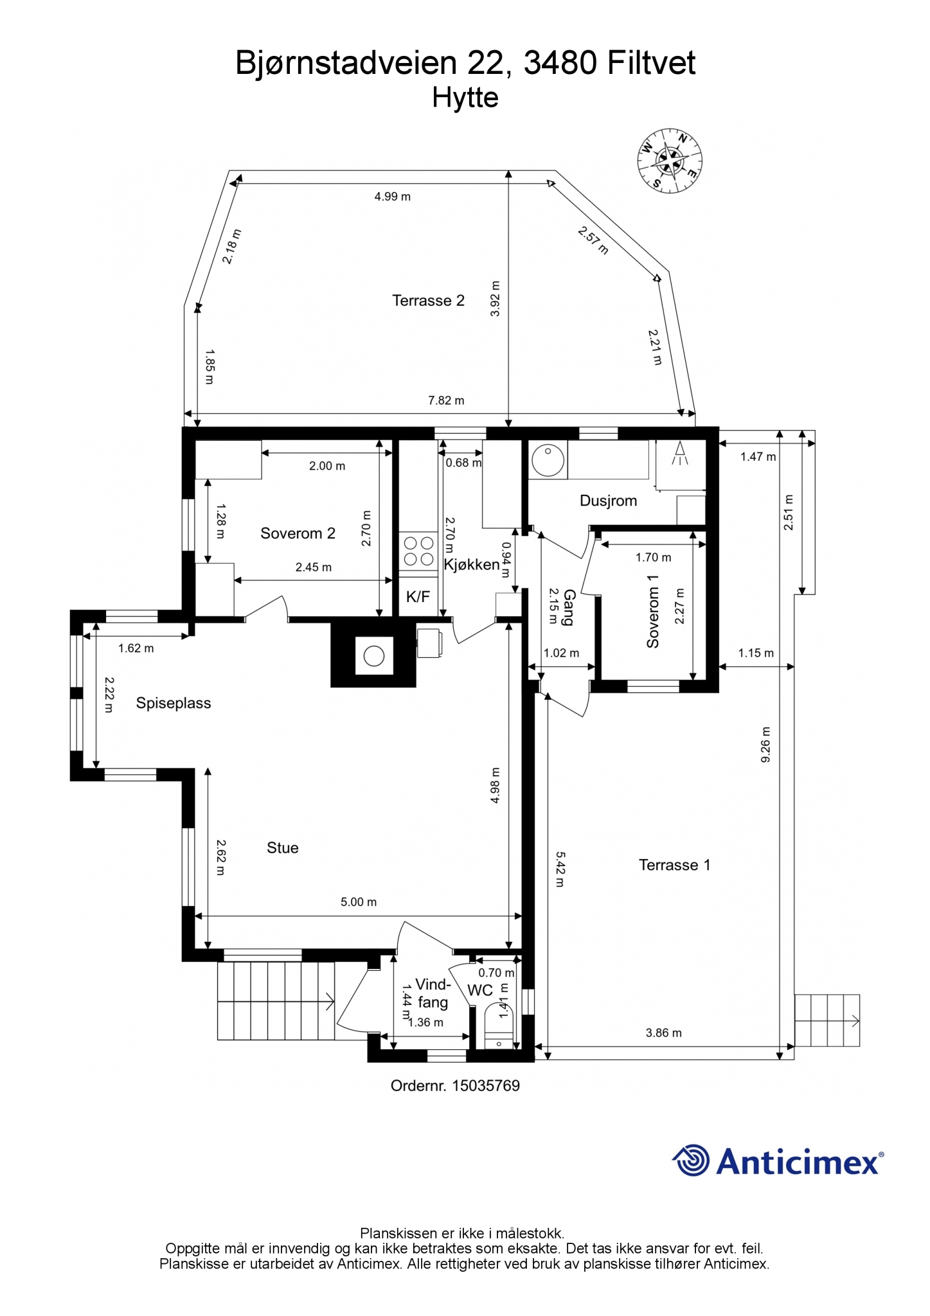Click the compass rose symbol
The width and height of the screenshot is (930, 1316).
(670, 161)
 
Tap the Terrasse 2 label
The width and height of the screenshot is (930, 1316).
(428, 300)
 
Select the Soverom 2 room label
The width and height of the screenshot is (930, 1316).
(298, 533)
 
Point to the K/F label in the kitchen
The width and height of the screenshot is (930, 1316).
(418, 597)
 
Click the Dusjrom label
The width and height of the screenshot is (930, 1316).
(608, 501)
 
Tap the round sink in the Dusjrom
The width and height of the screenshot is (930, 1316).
(548, 459)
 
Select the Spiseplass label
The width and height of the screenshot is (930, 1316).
(174, 703)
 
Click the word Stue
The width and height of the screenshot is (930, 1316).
(283, 848)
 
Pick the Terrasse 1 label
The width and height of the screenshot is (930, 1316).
(674, 865)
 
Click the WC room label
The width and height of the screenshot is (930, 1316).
(480, 990)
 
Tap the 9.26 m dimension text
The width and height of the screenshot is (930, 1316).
(765, 745)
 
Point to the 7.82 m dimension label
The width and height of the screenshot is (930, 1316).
(446, 400)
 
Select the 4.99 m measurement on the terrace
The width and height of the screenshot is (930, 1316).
(392, 197)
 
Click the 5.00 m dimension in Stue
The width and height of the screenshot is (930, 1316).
(359, 902)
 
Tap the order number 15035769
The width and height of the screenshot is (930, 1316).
(486, 1086)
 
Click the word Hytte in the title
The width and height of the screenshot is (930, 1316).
(465, 98)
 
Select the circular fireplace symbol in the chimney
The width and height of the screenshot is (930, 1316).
(374, 656)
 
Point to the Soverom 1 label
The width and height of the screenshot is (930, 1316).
(653, 611)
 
